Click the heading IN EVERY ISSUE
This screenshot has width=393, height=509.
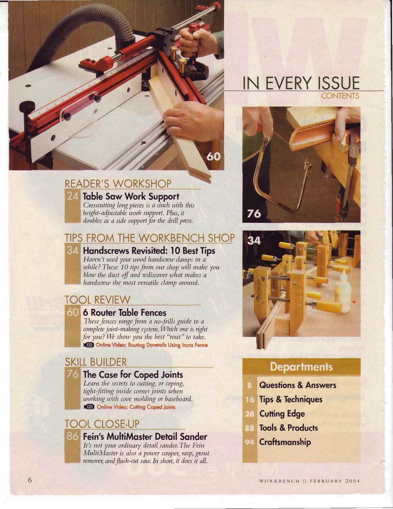point(302,83)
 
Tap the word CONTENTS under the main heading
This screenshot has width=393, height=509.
point(340,96)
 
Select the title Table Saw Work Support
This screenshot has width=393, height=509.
point(131,196)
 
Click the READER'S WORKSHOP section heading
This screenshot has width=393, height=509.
point(118,183)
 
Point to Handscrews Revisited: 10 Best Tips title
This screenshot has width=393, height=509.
point(149,251)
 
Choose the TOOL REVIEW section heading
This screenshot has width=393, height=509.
point(97,300)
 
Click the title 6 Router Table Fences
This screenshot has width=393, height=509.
point(125,313)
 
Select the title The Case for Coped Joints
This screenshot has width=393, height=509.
point(133,375)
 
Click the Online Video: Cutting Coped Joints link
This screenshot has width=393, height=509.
point(130,407)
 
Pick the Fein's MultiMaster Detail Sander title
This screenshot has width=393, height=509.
point(145,436)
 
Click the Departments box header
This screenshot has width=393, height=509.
point(302,367)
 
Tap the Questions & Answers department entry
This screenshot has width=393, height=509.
point(298,385)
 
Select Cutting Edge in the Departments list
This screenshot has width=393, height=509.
point(282,414)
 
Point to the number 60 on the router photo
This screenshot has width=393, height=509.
point(214,157)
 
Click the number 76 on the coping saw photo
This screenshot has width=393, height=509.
point(254,214)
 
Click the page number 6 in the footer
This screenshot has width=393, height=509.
point(30,480)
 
